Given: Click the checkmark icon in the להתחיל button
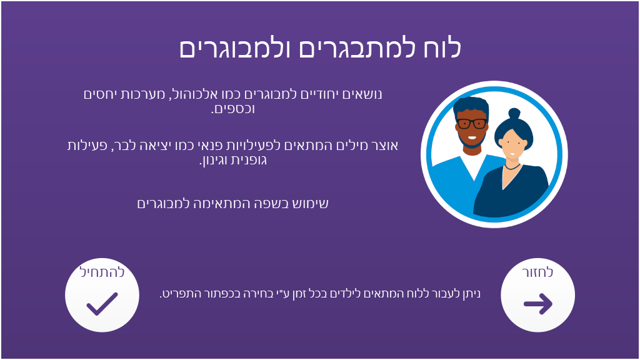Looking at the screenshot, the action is pyautogui.click(x=102, y=304).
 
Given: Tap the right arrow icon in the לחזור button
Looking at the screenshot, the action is pyautogui.click(x=538, y=304).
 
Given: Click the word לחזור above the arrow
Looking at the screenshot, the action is pyautogui.click(x=537, y=272).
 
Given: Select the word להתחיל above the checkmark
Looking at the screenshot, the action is pyautogui.click(x=102, y=272).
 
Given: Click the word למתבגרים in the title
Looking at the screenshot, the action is pyautogui.click(x=354, y=48).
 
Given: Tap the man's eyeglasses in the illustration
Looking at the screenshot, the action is pyautogui.click(x=472, y=123).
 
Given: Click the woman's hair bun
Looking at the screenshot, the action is pyautogui.click(x=514, y=114).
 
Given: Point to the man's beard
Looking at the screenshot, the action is pyautogui.click(x=472, y=141).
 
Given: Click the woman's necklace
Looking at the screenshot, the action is pyautogui.click(x=512, y=167).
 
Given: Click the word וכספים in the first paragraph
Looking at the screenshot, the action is pyautogui.click(x=232, y=109).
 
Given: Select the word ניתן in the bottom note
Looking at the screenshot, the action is pyautogui.click(x=472, y=294).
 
